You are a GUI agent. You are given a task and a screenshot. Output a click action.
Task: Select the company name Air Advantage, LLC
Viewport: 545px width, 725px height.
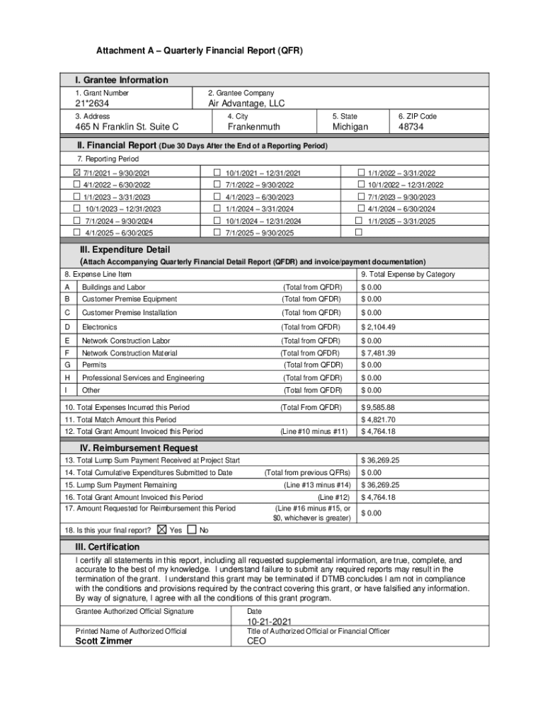(x=246, y=103)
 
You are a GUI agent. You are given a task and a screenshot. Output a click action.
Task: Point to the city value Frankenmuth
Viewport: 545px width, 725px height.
(x=253, y=127)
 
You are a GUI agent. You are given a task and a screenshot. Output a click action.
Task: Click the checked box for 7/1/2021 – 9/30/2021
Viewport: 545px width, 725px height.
(x=77, y=173)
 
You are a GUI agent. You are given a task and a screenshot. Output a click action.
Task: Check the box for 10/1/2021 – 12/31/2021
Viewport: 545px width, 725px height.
(x=217, y=173)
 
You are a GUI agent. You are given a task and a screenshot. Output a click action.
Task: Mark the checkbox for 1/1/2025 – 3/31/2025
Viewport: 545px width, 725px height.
(x=359, y=220)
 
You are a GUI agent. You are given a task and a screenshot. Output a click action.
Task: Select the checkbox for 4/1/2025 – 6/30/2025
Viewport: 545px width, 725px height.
(x=77, y=232)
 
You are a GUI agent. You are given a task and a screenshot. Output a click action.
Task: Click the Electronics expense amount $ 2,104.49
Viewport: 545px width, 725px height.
(x=378, y=327)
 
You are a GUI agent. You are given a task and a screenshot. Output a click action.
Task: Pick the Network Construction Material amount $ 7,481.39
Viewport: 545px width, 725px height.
(x=378, y=353)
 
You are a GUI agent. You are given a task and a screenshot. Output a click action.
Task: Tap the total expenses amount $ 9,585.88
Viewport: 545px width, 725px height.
(x=378, y=407)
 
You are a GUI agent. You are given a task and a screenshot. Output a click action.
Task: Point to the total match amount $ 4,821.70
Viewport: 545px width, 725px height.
(x=378, y=419)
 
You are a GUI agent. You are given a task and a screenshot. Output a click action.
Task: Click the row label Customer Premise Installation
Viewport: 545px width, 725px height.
(x=129, y=312)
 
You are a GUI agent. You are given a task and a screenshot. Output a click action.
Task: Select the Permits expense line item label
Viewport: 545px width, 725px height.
(x=94, y=365)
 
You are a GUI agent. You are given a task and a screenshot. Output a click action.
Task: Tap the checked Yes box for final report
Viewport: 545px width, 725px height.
(x=162, y=530)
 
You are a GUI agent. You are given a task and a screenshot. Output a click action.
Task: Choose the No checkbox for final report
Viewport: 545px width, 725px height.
(x=192, y=530)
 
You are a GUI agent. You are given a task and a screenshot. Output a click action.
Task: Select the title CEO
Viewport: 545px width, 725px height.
(x=256, y=641)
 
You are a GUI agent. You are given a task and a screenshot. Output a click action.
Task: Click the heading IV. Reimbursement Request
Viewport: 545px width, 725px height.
(x=138, y=448)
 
